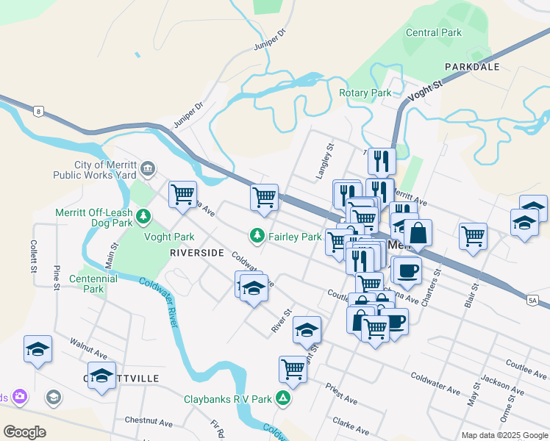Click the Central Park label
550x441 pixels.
pyautogui.click(x=434, y=32)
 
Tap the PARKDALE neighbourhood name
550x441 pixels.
pyautogui.click(x=471, y=67)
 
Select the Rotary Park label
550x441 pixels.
pyautogui.click(x=365, y=93)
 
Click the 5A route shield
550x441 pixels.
pyautogui.click(x=533, y=299)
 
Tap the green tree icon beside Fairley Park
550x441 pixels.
pyautogui.click(x=257, y=236)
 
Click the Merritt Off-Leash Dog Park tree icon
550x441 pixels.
pyautogui.click(x=144, y=215)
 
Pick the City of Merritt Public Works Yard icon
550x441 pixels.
pyautogui.click(x=148, y=170)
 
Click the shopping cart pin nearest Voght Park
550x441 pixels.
pyautogui.click(x=182, y=195)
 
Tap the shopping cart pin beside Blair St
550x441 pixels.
pyautogui.click(x=473, y=237)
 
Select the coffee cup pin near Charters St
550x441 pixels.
pyautogui.click(x=406, y=270)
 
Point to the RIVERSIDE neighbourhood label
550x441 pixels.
pyautogui.click(x=196, y=252)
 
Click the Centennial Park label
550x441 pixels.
pyautogui.click(x=93, y=284)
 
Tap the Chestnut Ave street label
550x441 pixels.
pyautogui.click(x=148, y=422)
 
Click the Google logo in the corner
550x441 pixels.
pyautogui.click(x=24, y=432)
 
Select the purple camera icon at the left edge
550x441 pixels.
pyautogui.click(x=19, y=397)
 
